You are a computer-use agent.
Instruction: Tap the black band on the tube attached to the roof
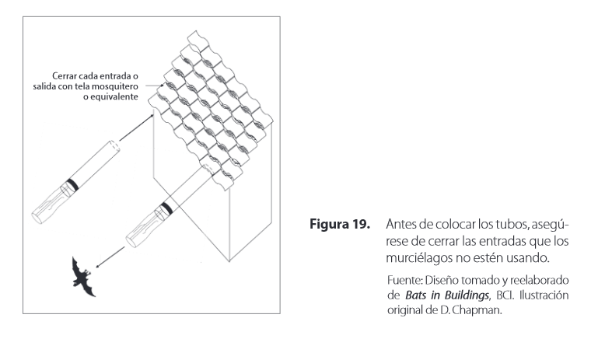166,208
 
